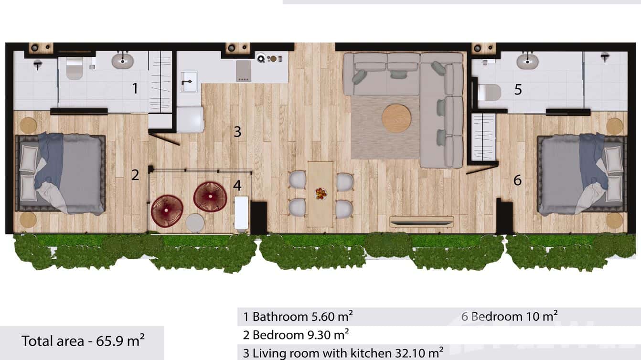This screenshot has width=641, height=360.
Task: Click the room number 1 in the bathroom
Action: click(135, 88)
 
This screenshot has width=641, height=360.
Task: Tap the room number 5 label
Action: click(518, 90)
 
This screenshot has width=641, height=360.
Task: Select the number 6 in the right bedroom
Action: click(517, 180)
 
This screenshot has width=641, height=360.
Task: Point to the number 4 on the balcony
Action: click(237, 185)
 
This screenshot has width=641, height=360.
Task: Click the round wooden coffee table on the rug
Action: click(396, 118)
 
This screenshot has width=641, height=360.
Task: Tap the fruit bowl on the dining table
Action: click(320, 193)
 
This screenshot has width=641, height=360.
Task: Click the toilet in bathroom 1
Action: click(74, 68)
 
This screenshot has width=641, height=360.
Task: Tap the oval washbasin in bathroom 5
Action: click(528, 62)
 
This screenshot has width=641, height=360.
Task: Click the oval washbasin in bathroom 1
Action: click(123, 60)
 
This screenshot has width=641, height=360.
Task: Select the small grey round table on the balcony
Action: click(195, 223)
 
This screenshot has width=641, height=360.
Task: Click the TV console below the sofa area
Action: click(421, 222)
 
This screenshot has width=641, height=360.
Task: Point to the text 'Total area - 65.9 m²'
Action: click(83, 341)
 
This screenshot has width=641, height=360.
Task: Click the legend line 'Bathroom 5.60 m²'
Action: click(298, 316)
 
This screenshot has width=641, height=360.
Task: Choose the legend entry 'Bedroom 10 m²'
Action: click(510, 316)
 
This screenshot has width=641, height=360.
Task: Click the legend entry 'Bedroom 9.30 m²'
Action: click(296, 334)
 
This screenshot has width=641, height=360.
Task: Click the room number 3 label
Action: click(237, 132)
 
